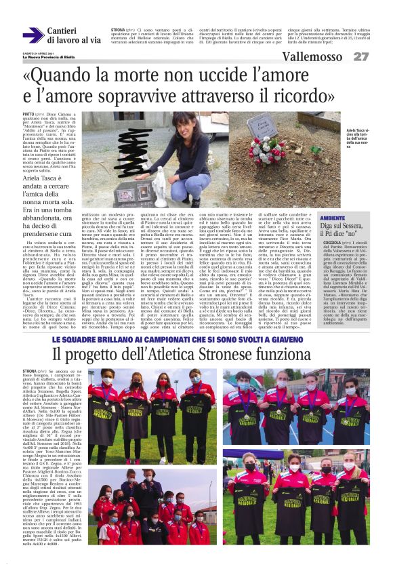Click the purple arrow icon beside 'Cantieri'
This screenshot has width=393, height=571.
point(33,35)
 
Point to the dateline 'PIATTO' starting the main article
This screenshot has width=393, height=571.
point(29,115)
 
